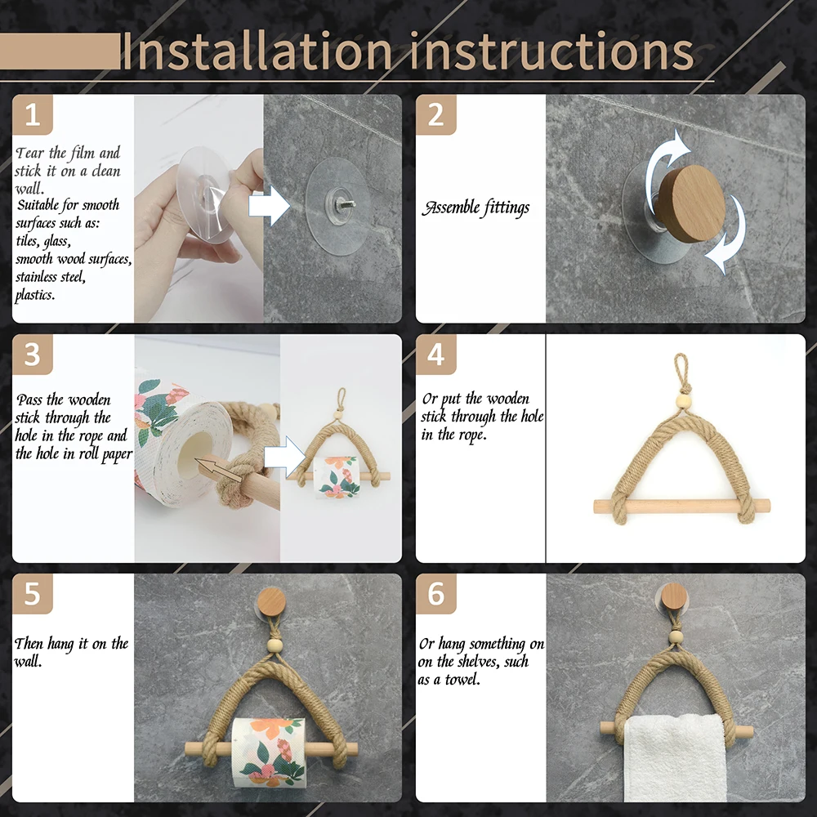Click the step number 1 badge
(x=32, y=114)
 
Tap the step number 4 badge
(x=435, y=354)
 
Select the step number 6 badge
(x=435, y=593)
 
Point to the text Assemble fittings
(x=475, y=208)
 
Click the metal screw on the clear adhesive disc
(x=337, y=196)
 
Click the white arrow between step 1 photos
(x=269, y=205)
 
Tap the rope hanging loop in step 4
(x=681, y=372)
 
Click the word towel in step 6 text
(x=462, y=680)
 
